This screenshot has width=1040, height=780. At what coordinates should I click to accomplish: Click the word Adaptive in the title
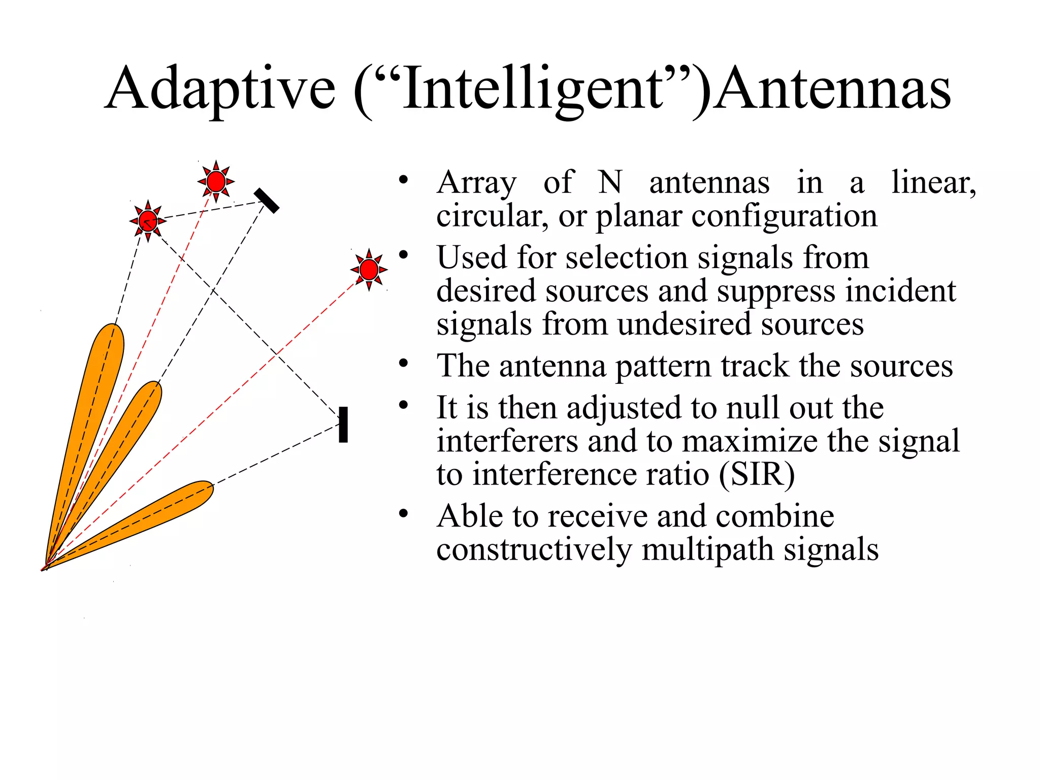(220, 89)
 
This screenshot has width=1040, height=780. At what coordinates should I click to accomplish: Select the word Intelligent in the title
(533, 89)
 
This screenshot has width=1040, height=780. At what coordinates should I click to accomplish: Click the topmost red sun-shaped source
(216, 181)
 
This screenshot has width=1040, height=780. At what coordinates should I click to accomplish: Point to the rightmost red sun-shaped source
(369, 269)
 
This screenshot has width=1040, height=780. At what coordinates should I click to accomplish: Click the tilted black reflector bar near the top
(267, 201)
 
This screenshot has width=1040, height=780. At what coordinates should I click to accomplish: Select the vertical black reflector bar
(343, 425)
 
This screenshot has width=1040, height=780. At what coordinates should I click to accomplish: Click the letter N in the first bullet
(609, 182)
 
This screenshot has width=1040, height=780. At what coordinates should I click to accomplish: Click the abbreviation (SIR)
(757, 474)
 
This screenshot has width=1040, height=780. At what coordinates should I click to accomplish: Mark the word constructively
(534, 549)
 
